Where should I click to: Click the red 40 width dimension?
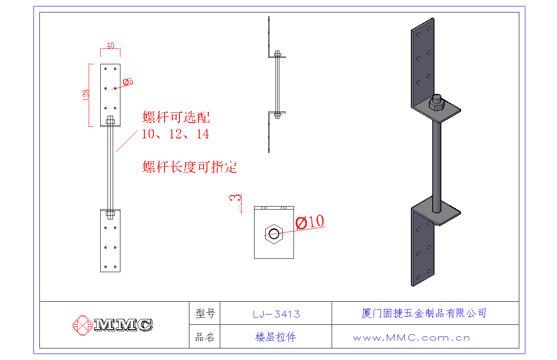pos(111,45)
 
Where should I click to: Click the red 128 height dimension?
pos(86,95)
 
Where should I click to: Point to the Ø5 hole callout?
pos(128,81)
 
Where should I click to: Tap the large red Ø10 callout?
pos(310,222)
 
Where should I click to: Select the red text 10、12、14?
pos(176,134)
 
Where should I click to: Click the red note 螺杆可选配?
pos(177,117)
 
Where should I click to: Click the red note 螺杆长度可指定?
pos(189,167)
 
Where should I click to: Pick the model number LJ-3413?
pos(276,314)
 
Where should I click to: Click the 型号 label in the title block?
pos(205,314)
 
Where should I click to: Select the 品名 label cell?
pos(205,337)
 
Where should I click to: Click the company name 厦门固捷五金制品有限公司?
pos(424,313)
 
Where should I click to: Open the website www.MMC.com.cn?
pos(411,338)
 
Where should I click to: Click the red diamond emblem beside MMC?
pos(82,325)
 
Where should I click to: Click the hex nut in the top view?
pos(274,234)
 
